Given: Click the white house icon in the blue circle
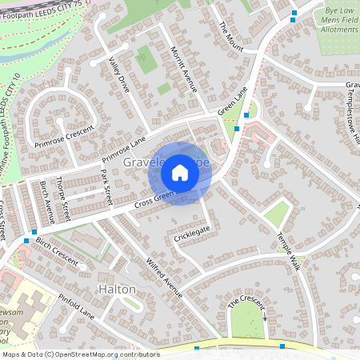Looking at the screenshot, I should (x=180, y=173).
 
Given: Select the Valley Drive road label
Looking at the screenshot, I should (x=118, y=74).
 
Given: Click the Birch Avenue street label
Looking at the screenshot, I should (x=46, y=201).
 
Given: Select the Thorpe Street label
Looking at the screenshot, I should (x=65, y=199).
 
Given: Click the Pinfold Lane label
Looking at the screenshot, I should (x=77, y=306).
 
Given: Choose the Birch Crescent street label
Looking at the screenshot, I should (x=58, y=254).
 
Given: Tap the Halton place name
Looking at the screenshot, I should (x=117, y=288).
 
